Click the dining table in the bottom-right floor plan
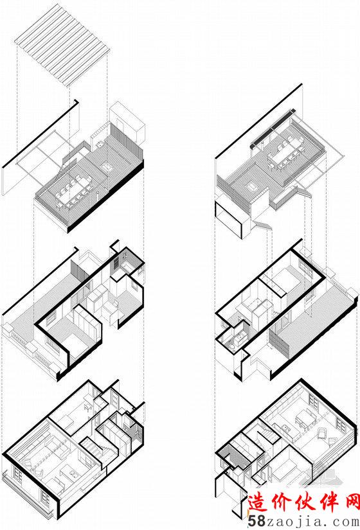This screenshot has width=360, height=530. pos(305,419)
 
